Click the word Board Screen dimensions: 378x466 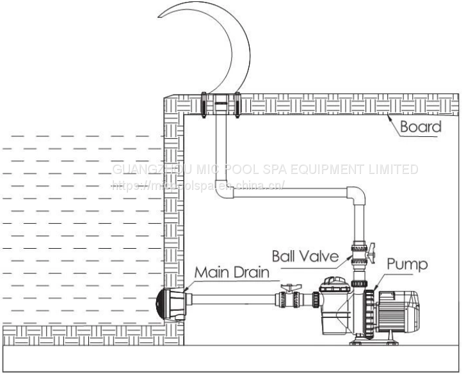click(x=421, y=127)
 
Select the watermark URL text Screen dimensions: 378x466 click(x=198, y=187)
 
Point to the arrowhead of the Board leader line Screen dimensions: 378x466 click(x=389, y=116)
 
